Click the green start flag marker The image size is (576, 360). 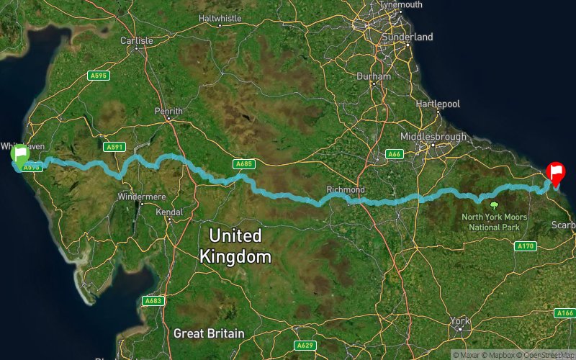click(19, 154)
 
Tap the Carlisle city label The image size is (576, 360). click(137, 41)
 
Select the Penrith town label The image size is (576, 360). click(168, 112)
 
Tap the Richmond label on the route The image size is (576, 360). click(346, 189)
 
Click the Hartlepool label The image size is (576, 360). click(437, 104)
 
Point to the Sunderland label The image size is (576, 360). click(408, 37)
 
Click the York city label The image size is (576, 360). click(459, 320)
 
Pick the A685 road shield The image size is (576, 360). click(243, 165)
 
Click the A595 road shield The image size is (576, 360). click(98, 75)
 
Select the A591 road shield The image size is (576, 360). click(114, 147)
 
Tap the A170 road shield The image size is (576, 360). click(526, 246)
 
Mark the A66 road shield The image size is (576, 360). click(394, 154)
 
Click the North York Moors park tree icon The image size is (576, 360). click(494, 205)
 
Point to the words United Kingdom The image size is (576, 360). click(235, 246)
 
